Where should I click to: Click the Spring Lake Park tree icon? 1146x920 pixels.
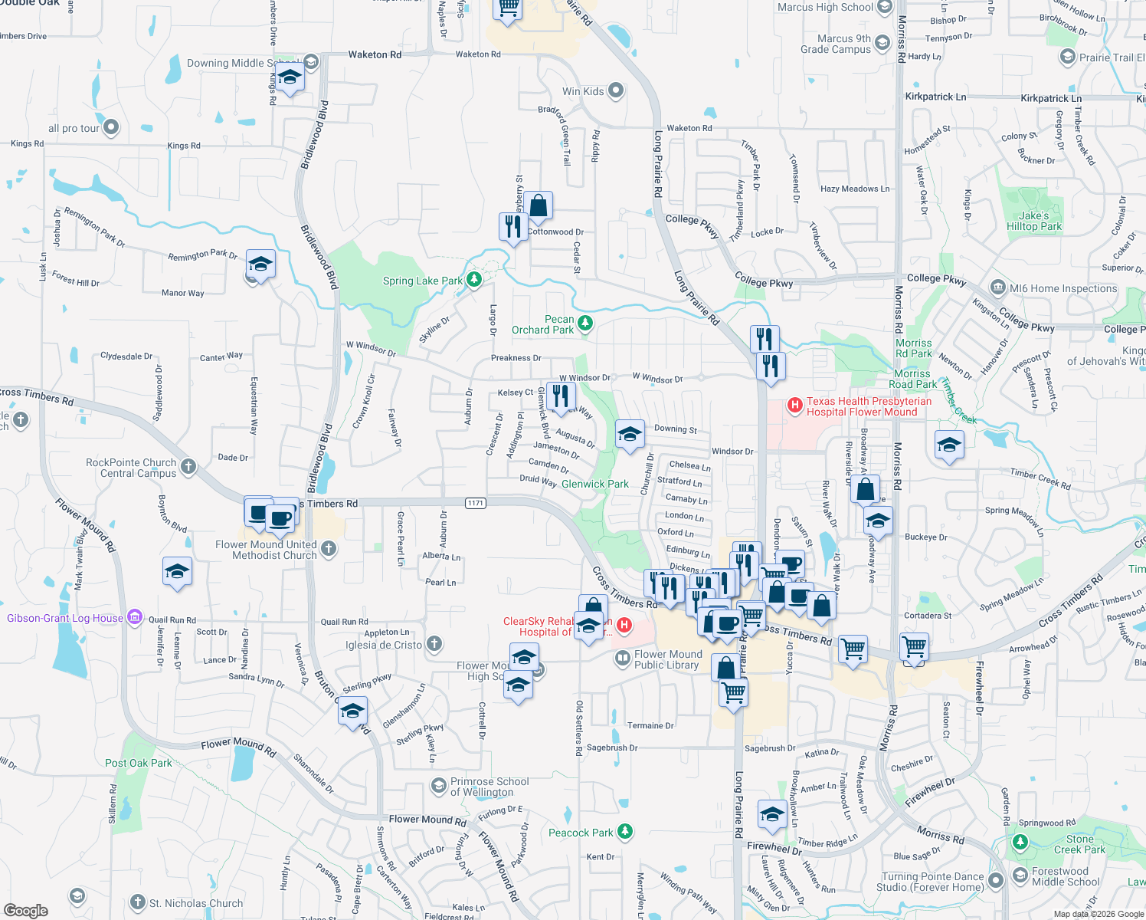(x=474, y=280)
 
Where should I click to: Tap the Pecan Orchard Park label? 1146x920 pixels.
(x=543, y=325)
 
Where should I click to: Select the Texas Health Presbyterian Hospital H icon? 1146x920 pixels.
(x=795, y=404)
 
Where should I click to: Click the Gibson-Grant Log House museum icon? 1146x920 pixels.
(x=135, y=617)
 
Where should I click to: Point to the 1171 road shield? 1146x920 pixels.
(x=476, y=503)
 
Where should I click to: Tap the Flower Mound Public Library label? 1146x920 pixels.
(x=667, y=659)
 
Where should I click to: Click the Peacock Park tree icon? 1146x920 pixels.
(x=626, y=831)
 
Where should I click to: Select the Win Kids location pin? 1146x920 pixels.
(x=616, y=91)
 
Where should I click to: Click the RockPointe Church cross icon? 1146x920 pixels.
(x=188, y=466)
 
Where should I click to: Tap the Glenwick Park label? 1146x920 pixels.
(x=595, y=484)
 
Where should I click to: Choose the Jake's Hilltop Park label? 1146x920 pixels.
(x=1034, y=221)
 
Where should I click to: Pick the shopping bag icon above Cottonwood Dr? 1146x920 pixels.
(x=539, y=205)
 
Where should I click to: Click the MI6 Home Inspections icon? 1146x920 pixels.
(x=998, y=288)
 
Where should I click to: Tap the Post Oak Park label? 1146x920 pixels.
(x=139, y=763)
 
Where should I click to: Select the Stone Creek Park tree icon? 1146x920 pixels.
(x=1020, y=843)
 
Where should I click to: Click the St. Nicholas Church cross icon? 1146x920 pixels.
(x=138, y=902)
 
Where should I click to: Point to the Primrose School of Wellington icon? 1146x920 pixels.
(x=439, y=786)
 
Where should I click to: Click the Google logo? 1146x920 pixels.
(x=25, y=910)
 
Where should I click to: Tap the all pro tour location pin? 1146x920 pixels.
(x=112, y=127)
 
